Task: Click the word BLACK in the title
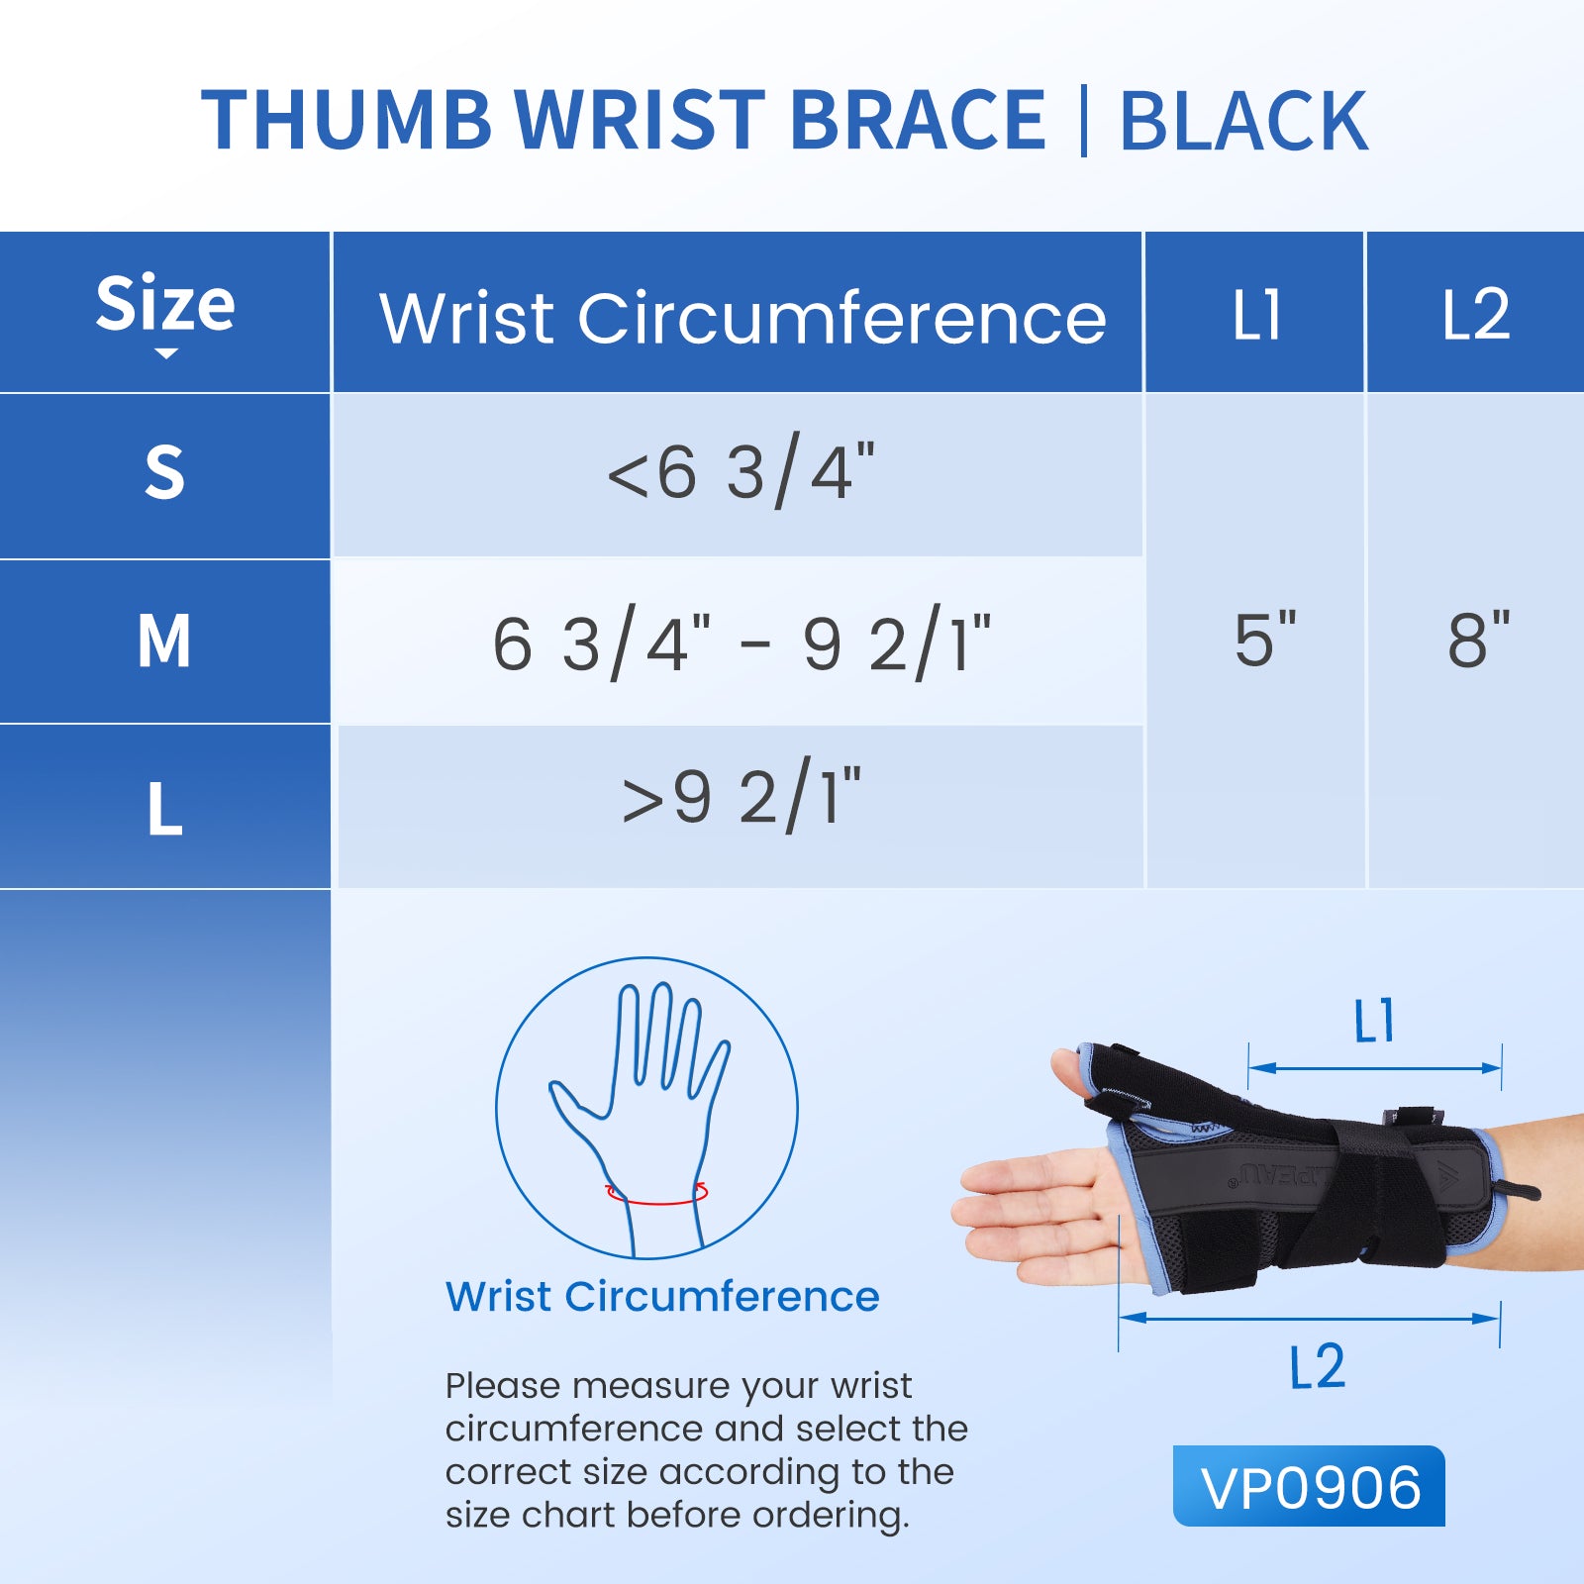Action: click(1243, 121)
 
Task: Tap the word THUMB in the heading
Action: click(346, 121)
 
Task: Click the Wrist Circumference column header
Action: click(742, 318)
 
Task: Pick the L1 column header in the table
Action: click(1256, 315)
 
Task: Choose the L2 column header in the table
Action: click(1476, 315)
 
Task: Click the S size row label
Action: click(164, 472)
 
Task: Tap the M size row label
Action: click(164, 641)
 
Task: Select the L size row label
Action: click(165, 809)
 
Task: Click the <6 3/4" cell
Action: click(741, 473)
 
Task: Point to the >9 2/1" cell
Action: click(742, 795)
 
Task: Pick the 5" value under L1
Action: click(1265, 640)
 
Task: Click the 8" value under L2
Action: click(1479, 640)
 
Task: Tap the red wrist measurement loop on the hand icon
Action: click(656, 1201)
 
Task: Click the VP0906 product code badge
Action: click(1309, 1486)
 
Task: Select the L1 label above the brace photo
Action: click(1374, 1021)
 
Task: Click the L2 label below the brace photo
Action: click(1317, 1366)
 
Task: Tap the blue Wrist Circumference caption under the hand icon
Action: click(662, 1296)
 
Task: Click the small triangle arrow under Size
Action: click(166, 353)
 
